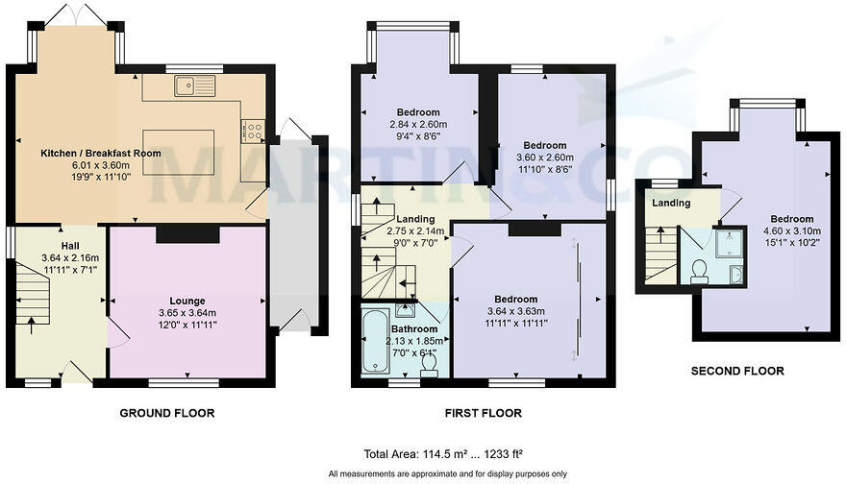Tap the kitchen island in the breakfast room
click(x=178, y=152)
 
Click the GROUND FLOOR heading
click(x=166, y=413)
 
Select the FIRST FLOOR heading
click(x=484, y=413)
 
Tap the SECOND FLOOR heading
click(x=737, y=371)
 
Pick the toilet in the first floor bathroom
click(x=429, y=366)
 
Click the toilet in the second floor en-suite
click(x=700, y=269)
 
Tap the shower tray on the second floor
click(x=733, y=244)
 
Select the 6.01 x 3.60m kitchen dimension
click(x=100, y=165)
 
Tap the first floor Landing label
click(x=416, y=220)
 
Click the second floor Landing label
click(x=671, y=204)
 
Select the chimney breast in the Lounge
click(x=187, y=233)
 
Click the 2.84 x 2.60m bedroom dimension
click(x=418, y=125)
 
